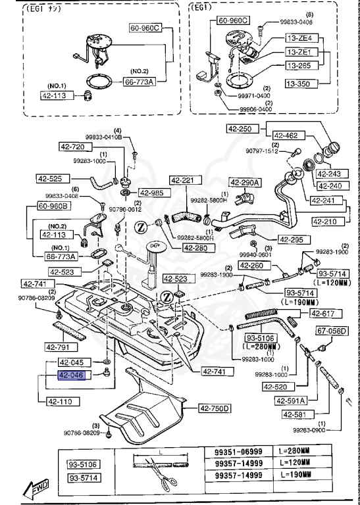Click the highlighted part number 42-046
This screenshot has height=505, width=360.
(72, 375)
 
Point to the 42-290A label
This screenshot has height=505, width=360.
(245, 182)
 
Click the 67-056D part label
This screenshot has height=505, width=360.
(332, 331)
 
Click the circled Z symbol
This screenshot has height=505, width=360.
(141, 227)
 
